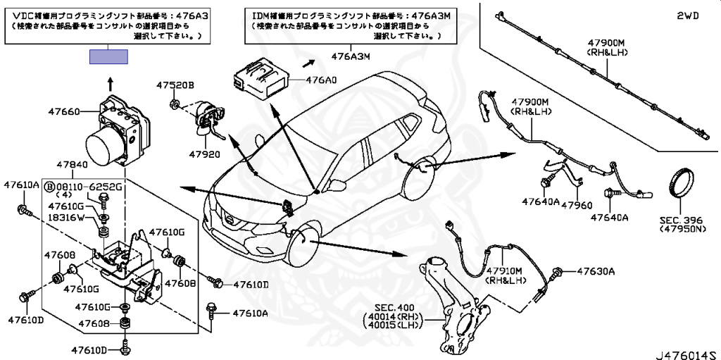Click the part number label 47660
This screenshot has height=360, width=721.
pyautogui.click(x=64, y=111)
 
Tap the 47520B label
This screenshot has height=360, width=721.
pyautogui.click(x=175, y=85)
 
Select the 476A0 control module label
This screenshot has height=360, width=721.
pyautogui.click(x=321, y=80)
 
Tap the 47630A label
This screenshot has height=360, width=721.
pyautogui.click(x=596, y=271)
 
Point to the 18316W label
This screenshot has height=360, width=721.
pyautogui.click(x=67, y=218)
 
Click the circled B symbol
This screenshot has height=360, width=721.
pyautogui.click(x=49, y=187)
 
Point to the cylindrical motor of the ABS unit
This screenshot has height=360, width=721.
pyautogui.click(x=104, y=146)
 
